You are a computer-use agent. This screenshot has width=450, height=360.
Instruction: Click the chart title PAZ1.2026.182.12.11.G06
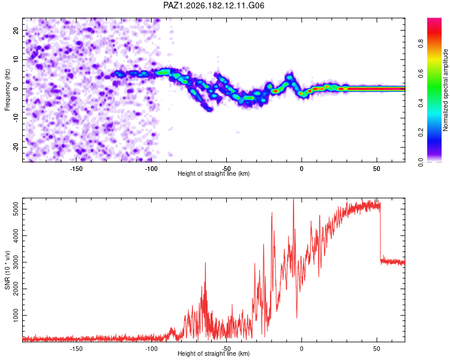tap(214, 5)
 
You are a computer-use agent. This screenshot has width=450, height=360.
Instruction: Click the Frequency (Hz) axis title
tap(7, 90)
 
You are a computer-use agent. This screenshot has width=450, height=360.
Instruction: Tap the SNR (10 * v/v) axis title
tap(7, 270)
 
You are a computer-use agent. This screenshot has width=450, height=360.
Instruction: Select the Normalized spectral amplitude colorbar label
tap(445, 90)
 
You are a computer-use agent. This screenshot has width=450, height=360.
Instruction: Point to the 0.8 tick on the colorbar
tap(421, 44)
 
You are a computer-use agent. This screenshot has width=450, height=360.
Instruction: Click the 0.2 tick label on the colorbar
tap(421, 133)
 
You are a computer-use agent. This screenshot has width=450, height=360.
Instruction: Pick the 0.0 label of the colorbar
tap(421, 162)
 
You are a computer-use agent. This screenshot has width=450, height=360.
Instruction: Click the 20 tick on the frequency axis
tap(16, 30)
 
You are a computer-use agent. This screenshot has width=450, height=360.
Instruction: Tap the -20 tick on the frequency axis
tap(16, 147)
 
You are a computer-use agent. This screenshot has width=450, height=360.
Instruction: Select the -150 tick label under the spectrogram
tap(76, 169)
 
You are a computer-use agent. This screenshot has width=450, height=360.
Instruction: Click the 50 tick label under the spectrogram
tap(377, 169)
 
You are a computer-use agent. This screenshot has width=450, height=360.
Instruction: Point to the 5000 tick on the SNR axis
tap(16, 209)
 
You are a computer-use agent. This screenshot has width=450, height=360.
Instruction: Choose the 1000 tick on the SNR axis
tap(16, 315)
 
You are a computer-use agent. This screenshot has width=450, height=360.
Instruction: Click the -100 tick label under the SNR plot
tap(151, 349)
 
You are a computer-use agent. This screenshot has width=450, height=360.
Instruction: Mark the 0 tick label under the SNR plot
tap(301, 349)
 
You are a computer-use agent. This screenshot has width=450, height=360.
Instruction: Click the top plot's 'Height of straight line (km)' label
tap(214, 173)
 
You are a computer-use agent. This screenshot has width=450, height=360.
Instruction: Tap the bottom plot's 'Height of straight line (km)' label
tap(214, 353)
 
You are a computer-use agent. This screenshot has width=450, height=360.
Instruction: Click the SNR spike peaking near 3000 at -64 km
tap(205, 263)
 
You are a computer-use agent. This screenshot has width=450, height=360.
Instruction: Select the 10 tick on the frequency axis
tap(16, 59)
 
